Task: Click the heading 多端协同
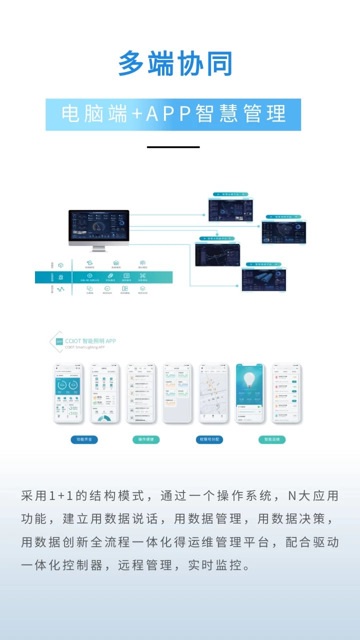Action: (175, 63)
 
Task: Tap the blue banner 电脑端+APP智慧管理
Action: (173, 114)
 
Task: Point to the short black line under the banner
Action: (173, 147)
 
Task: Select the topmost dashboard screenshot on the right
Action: (230, 209)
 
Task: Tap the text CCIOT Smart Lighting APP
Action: (84, 347)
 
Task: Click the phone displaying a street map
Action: (213, 393)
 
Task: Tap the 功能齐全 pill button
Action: (84, 439)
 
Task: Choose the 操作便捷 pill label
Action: (146, 439)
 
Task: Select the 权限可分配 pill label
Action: (209, 439)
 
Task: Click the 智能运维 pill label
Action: (272, 439)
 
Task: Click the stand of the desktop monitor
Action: (98, 248)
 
